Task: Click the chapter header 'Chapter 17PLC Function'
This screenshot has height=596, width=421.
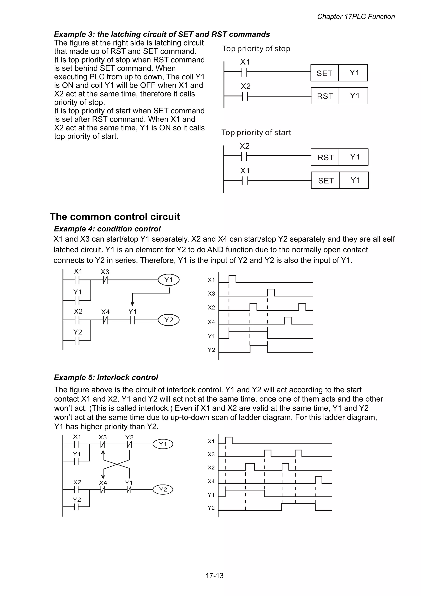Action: click(356, 17)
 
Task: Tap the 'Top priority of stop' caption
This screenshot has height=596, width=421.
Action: click(256, 49)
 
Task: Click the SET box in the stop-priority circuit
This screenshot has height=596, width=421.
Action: click(324, 73)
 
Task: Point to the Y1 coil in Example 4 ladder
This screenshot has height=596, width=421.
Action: click(169, 280)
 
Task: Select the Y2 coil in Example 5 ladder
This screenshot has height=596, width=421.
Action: click(163, 489)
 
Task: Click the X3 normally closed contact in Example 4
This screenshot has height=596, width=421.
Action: click(105, 280)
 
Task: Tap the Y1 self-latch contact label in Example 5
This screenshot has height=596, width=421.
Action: click(77, 454)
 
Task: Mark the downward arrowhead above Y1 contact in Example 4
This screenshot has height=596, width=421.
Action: click(132, 304)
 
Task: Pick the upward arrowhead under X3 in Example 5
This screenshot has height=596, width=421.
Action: click(103, 452)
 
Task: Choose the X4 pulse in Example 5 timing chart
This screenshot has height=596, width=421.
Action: click(319, 480)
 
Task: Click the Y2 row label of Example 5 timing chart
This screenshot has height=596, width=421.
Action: click(211, 508)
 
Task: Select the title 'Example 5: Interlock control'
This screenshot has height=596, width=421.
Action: click(106, 378)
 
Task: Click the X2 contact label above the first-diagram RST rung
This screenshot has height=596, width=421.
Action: click(245, 86)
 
